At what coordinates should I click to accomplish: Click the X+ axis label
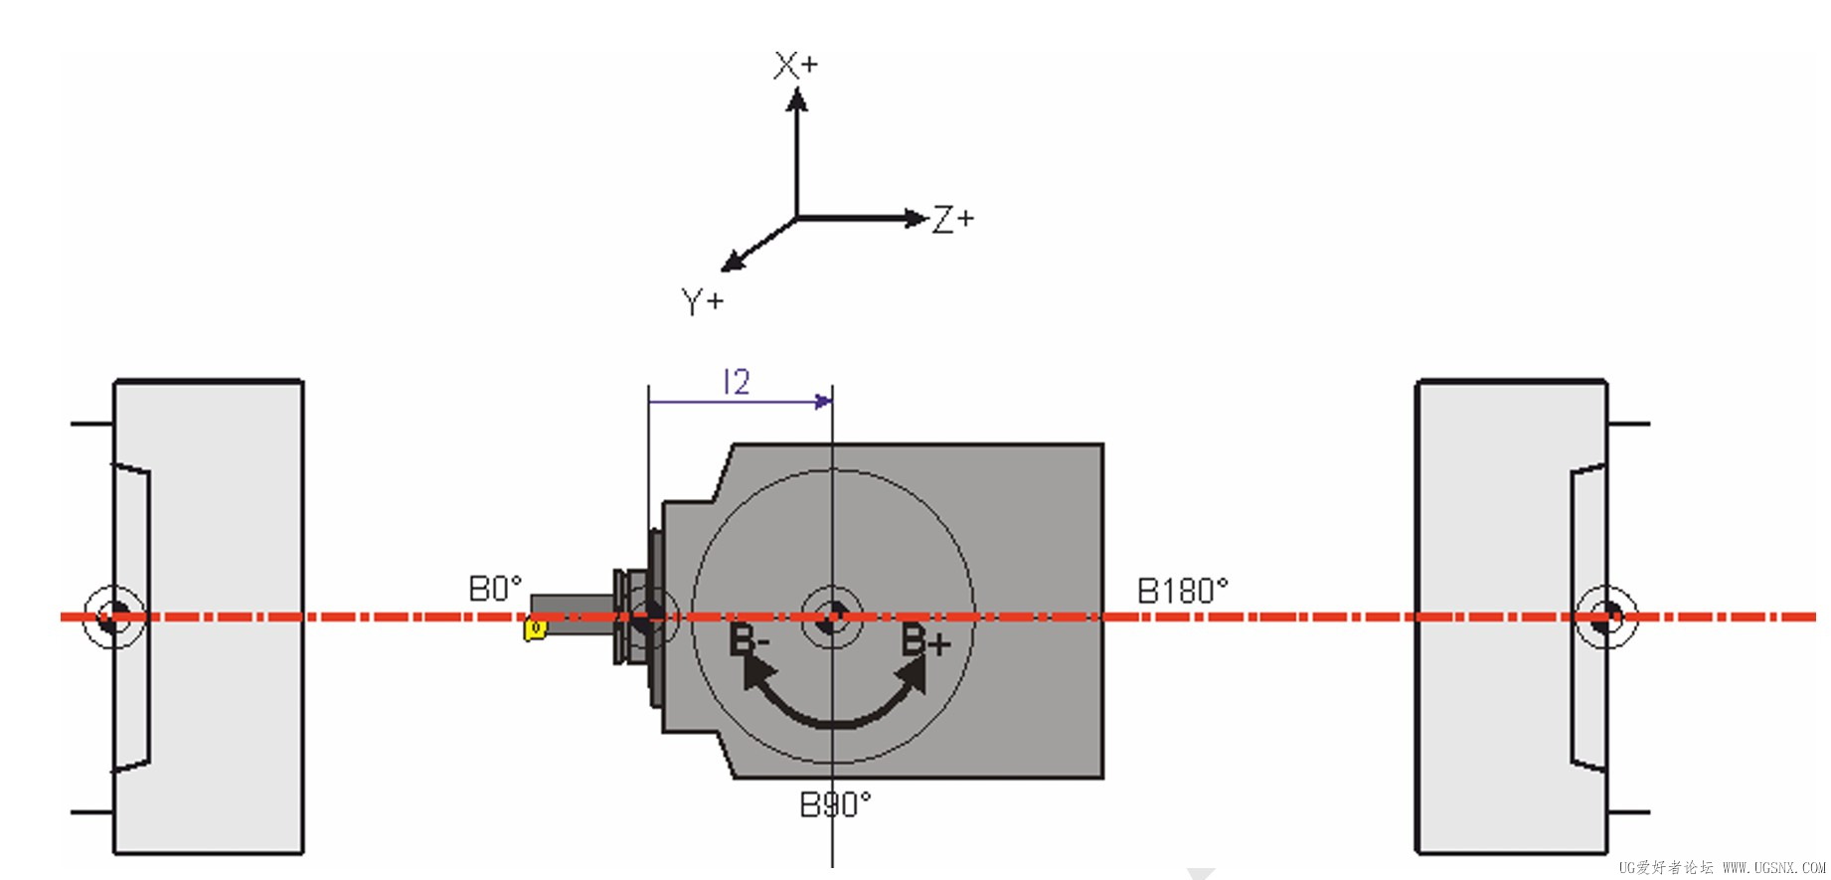(x=795, y=66)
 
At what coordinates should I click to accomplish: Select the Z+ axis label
(x=953, y=219)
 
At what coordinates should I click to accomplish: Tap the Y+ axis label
(x=703, y=301)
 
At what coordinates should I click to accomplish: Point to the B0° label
(x=495, y=589)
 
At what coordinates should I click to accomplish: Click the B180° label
(x=1183, y=591)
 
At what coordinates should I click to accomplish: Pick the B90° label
(x=836, y=803)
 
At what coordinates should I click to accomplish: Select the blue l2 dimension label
(x=737, y=382)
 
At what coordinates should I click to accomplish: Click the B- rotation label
(x=749, y=639)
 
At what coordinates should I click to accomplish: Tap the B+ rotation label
(x=925, y=640)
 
